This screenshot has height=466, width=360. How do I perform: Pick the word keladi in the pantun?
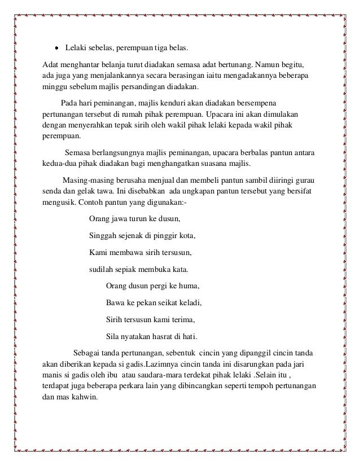188,301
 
